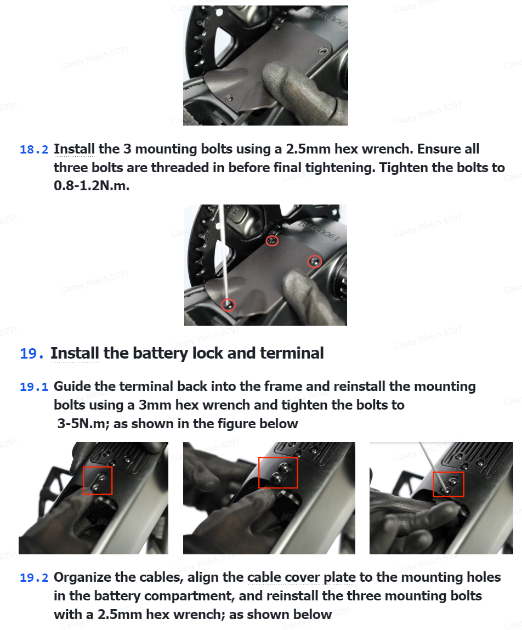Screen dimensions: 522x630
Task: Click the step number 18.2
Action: pos(34,150)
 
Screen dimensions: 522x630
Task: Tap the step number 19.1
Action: pos(34,387)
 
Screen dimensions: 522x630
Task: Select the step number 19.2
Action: pos(34,578)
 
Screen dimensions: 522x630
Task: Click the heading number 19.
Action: pos(31,354)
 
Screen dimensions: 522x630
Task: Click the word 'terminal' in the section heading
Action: pos(292,353)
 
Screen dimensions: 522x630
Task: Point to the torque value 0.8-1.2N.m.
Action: pos(92,186)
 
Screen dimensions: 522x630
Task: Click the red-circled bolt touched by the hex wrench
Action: pos(229,305)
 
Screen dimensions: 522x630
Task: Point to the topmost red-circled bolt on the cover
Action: pos(273,241)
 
